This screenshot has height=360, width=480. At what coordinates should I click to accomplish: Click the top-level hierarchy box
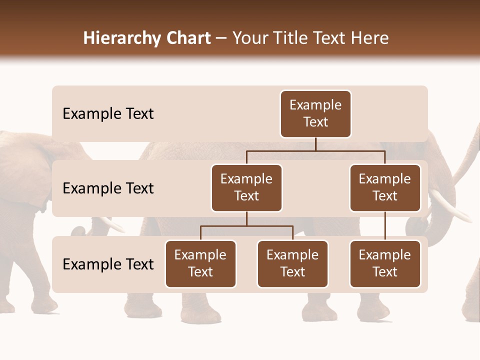(315, 114)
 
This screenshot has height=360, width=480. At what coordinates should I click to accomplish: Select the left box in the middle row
(246, 188)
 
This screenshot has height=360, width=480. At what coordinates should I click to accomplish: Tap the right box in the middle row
(385, 188)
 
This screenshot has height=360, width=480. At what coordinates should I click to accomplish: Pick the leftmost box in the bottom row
(200, 264)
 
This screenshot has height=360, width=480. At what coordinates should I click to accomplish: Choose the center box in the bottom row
(292, 264)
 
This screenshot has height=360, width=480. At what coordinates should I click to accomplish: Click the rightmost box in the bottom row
(385, 264)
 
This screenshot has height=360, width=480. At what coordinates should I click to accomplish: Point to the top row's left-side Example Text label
(108, 114)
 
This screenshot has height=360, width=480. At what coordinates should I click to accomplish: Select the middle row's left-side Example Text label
(108, 188)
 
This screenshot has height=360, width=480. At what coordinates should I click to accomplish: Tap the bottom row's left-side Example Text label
(108, 264)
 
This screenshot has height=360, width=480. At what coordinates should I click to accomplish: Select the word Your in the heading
(249, 38)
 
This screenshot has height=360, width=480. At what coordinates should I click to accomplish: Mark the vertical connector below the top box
(315, 144)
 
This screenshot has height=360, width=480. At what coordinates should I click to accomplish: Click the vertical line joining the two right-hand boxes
(385, 226)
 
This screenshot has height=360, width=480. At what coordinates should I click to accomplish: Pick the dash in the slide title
(221, 39)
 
